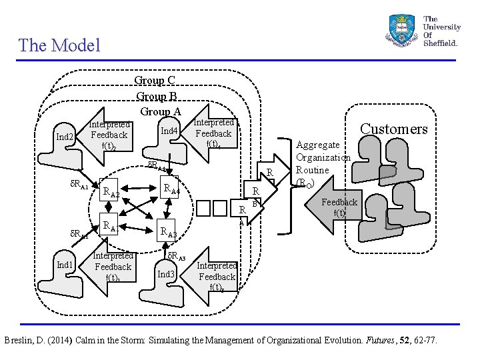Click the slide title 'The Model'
(59, 45)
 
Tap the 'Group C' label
(155, 81)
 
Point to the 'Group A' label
(160, 111)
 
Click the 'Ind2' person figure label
(65, 137)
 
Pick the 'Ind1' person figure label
(65, 265)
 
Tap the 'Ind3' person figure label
(166, 274)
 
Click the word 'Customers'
(393, 129)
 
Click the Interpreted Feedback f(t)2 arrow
(107, 135)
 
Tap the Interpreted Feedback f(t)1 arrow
(110, 267)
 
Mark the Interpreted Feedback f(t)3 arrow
(215, 276)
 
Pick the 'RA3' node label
(168, 233)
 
